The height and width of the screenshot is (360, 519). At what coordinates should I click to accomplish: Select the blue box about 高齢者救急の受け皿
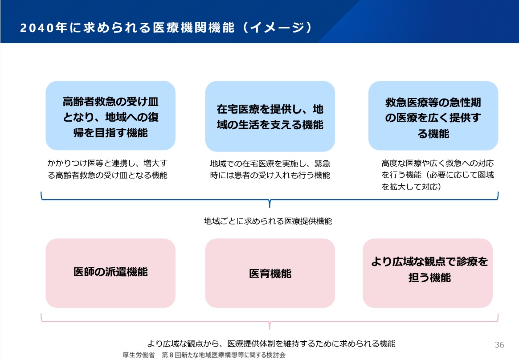click(x=110, y=116)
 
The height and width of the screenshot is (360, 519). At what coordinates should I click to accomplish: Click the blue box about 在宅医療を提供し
click(x=270, y=116)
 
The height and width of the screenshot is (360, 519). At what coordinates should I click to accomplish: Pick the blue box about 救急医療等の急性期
click(x=433, y=116)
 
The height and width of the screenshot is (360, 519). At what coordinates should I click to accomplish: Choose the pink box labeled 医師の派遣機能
click(x=110, y=273)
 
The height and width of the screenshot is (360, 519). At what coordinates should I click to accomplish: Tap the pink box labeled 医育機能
click(x=270, y=273)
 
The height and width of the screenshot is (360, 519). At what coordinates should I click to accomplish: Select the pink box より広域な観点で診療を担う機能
click(x=428, y=273)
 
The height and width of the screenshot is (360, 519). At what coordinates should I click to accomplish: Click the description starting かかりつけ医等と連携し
click(x=107, y=169)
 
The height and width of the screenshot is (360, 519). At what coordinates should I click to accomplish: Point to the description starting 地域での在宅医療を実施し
click(x=270, y=169)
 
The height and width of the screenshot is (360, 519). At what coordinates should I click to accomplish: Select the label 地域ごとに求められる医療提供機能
click(x=268, y=221)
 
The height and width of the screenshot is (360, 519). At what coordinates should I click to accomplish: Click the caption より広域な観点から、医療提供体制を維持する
click(x=271, y=344)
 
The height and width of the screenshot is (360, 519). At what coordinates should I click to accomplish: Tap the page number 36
click(x=499, y=345)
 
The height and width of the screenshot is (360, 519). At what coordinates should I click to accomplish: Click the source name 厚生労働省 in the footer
click(x=139, y=355)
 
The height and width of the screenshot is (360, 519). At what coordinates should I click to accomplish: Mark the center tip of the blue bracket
click(x=270, y=205)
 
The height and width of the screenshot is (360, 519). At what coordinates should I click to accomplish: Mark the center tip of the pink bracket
click(x=270, y=327)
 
